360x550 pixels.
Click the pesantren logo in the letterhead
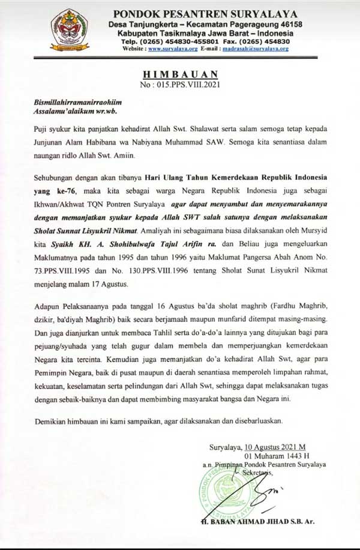click(x=70, y=29)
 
